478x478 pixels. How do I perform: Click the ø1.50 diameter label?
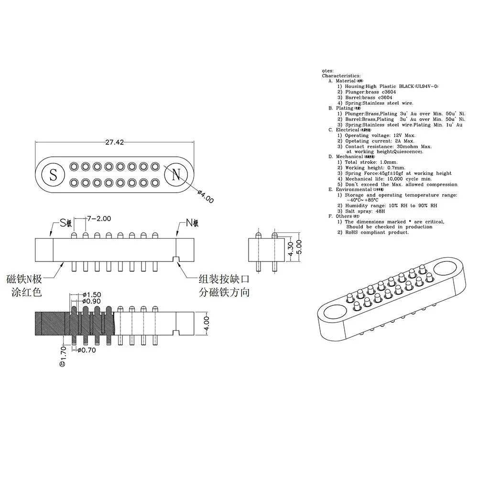pyautogui.click(x=92, y=294)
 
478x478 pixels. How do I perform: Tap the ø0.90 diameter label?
pyautogui.click(x=92, y=301)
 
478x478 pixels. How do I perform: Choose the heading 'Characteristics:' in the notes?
pyautogui.click(x=341, y=76)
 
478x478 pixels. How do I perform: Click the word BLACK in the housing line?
pyautogui.click(x=406, y=87)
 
